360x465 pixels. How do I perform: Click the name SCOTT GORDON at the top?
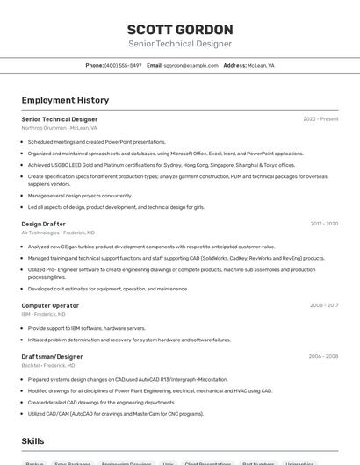coord(180,29)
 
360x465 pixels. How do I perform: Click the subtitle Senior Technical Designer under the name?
coord(180,44)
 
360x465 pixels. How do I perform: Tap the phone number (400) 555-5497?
coord(123,65)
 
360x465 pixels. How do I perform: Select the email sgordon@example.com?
coord(191,65)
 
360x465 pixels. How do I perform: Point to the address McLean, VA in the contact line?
coord(259,65)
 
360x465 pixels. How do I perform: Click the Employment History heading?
coord(65,100)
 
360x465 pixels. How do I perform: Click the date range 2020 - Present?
coord(320,119)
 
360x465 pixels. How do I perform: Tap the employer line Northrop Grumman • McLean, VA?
coord(59,128)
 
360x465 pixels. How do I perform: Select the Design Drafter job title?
coord(44,224)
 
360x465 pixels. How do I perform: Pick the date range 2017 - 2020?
coord(324,224)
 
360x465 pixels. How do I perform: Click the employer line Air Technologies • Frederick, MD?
coord(58,232)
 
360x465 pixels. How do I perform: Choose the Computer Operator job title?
coord(50,305)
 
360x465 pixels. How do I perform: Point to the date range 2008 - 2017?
coord(324,305)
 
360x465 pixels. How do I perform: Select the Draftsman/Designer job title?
coord(52,356)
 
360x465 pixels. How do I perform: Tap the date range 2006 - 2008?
coord(323,356)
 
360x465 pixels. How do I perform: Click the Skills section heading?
coord(32,440)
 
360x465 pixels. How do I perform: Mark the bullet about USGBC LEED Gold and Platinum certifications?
coord(149,165)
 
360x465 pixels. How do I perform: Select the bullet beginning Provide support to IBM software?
coord(87,328)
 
